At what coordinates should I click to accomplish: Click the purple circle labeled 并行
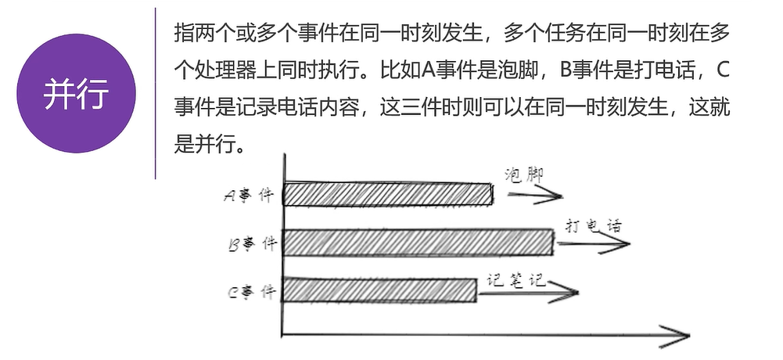(77, 93)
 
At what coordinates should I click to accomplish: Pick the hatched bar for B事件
(418, 243)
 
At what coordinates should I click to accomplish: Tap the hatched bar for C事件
(379, 290)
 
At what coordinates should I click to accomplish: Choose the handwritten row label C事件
(251, 293)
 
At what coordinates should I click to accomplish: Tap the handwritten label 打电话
(593, 226)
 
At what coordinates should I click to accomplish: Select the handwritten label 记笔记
(515, 279)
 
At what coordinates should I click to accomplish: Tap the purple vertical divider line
(156, 93)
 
